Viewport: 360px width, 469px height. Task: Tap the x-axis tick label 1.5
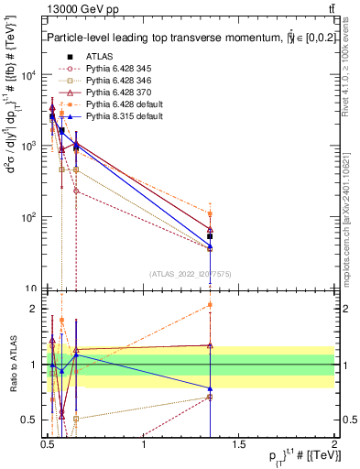pyautogui.click(x=239, y=446)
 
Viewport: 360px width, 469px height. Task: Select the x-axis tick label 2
pyautogui.click(x=334, y=446)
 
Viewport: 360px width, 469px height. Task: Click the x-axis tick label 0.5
pyautogui.click(x=49, y=446)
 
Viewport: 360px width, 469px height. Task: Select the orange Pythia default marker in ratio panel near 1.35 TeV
pyautogui.click(x=210, y=305)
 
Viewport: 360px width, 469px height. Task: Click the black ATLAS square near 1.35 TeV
pyautogui.click(x=210, y=236)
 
